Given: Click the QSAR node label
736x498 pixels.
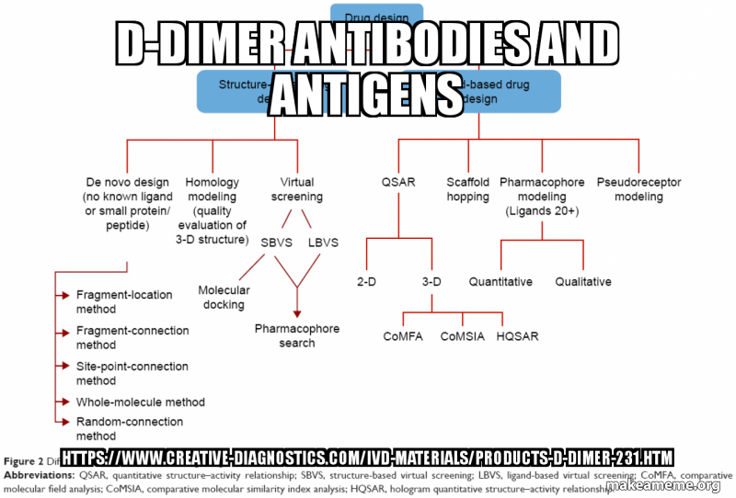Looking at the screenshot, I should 398,182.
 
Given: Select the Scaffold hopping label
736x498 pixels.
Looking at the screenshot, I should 467,189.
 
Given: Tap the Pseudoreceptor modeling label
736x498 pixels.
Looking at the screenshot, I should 638,189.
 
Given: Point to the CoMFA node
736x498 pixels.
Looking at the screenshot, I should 403,336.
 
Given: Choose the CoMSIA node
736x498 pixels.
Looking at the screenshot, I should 463,336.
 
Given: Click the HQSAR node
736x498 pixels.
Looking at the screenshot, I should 517,336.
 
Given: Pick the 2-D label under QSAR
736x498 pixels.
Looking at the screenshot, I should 366,281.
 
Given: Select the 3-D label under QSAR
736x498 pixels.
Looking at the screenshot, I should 432,281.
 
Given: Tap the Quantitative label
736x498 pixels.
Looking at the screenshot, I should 500,281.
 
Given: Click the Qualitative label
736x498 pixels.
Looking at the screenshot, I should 583,281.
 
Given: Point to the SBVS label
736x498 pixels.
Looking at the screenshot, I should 275,243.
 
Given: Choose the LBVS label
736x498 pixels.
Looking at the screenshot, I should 322,243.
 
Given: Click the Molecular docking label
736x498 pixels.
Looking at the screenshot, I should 224,297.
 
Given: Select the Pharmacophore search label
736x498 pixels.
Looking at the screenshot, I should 297,335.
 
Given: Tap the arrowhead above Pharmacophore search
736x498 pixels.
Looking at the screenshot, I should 297,313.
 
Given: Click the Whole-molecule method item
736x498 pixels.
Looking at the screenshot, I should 140,402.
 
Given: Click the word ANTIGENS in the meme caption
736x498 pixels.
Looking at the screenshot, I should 365,93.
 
